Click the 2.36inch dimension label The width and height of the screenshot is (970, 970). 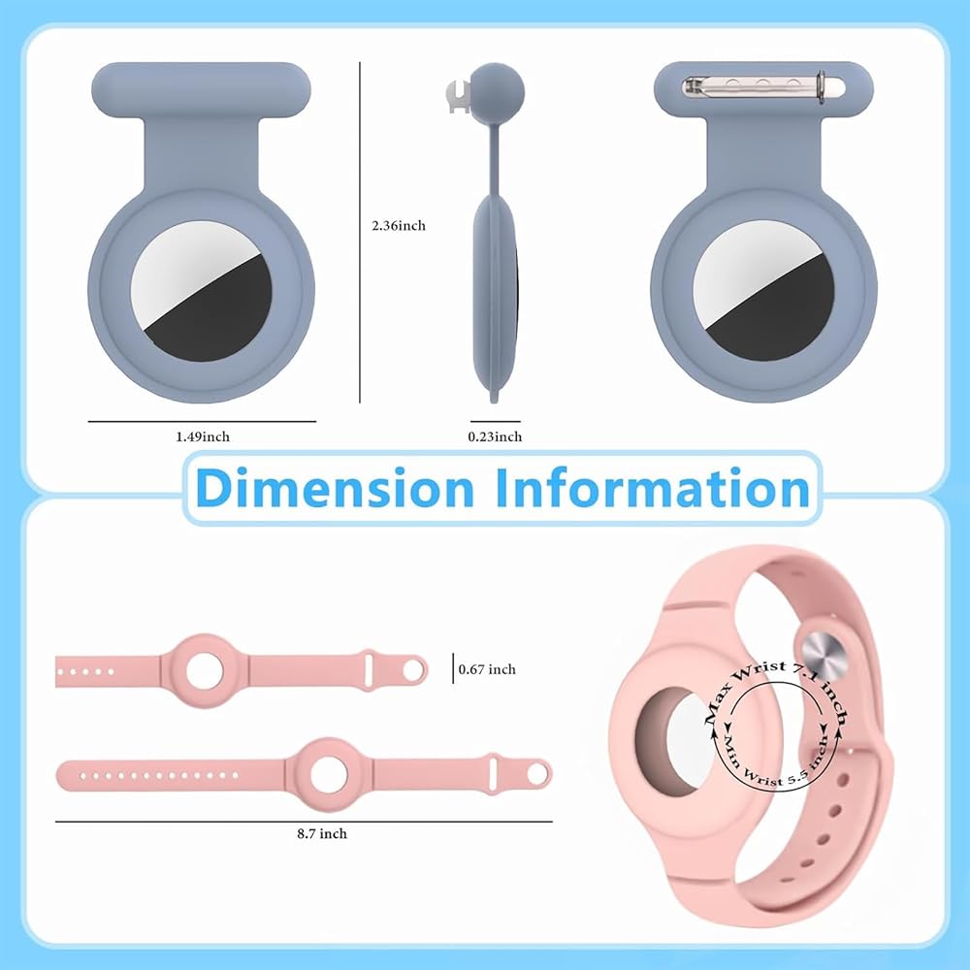(x=398, y=225)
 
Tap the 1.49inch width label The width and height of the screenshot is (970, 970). (x=203, y=436)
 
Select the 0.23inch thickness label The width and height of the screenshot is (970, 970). (x=495, y=436)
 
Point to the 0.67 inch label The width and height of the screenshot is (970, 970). (x=487, y=668)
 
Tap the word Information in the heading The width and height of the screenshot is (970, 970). (x=652, y=487)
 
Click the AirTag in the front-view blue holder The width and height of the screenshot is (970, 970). (x=202, y=291)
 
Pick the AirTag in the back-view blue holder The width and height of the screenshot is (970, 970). (x=763, y=291)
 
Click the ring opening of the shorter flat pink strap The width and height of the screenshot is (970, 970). (x=206, y=669)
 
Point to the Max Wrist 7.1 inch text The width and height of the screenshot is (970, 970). (x=776, y=679)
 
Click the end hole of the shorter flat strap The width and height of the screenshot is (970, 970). (x=413, y=669)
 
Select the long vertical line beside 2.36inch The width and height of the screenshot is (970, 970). (x=360, y=233)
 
